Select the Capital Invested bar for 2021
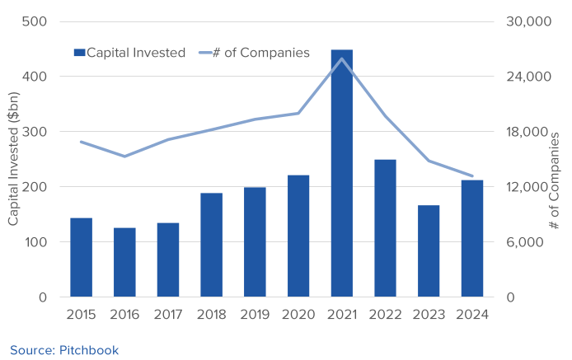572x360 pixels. tap(341, 173)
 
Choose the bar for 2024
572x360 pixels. tap(472, 238)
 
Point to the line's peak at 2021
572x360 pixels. tap(341, 58)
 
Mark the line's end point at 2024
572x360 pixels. tap(472, 176)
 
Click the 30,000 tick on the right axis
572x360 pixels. tap(527, 21)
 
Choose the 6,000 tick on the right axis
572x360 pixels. tap(523, 242)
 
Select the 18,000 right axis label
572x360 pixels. tap(527, 132)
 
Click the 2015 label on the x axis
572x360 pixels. tap(81, 315)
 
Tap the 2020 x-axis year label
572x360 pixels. tap(298, 315)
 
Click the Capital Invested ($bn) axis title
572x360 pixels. tap(14, 159)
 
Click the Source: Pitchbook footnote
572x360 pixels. tap(64, 350)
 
